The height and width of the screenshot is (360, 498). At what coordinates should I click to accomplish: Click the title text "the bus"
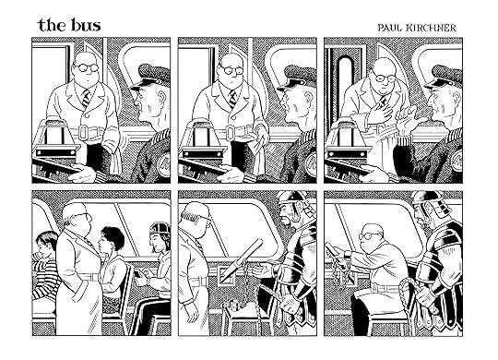(x=69, y=25)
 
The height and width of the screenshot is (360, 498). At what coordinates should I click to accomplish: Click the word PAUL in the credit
(x=389, y=28)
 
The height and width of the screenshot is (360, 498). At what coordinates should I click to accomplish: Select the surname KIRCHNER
(x=431, y=28)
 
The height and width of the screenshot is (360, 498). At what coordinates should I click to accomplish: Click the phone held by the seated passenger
(x=137, y=274)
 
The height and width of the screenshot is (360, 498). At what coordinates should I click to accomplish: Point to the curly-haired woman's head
(x=112, y=239)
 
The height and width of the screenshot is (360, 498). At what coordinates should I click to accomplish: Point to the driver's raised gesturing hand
(x=410, y=118)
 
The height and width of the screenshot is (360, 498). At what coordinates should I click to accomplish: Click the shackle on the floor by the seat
(x=235, y=307)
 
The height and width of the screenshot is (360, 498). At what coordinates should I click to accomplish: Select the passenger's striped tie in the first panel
(x=86, y=98)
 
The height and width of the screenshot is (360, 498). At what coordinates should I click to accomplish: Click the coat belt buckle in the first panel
(x=83, y=132)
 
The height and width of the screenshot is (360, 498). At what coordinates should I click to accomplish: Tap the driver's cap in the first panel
(x=150, y=76)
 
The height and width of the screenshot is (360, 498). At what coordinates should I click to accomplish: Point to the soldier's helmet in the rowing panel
(x=433, y=203)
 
